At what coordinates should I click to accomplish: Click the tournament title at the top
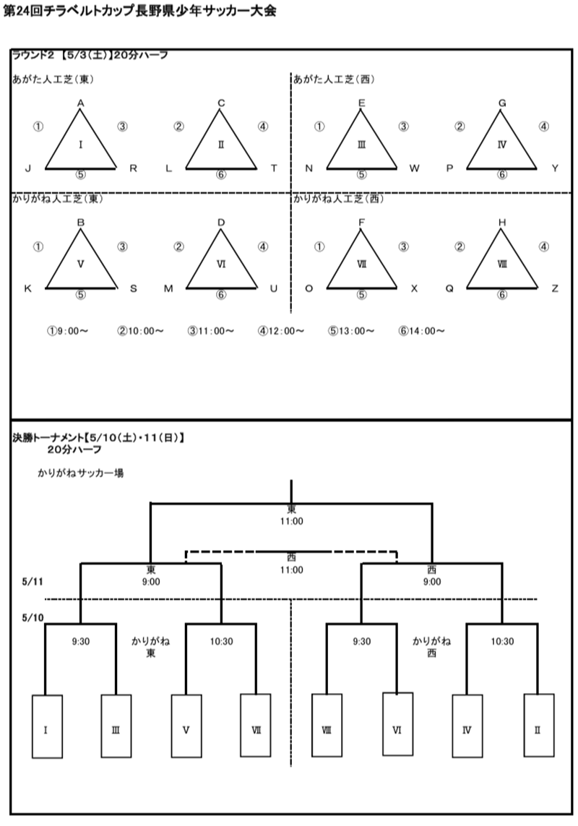coord(140,12)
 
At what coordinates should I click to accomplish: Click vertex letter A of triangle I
coord(81,103)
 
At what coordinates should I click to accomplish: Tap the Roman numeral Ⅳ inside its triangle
coord(502,145)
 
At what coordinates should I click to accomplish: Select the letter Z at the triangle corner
coord(555,288)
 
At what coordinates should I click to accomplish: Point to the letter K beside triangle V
coord(28,288)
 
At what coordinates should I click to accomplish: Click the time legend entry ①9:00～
coord(67,331)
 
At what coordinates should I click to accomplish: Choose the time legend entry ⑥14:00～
coord(420,331)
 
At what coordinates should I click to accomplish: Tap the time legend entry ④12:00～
coord(280,331)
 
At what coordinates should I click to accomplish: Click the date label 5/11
coord(33,580)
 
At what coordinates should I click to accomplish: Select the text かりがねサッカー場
coord(84,473)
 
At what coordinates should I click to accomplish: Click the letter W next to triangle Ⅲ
coord(414,169)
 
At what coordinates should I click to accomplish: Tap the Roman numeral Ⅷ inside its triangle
coord(502,264)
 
